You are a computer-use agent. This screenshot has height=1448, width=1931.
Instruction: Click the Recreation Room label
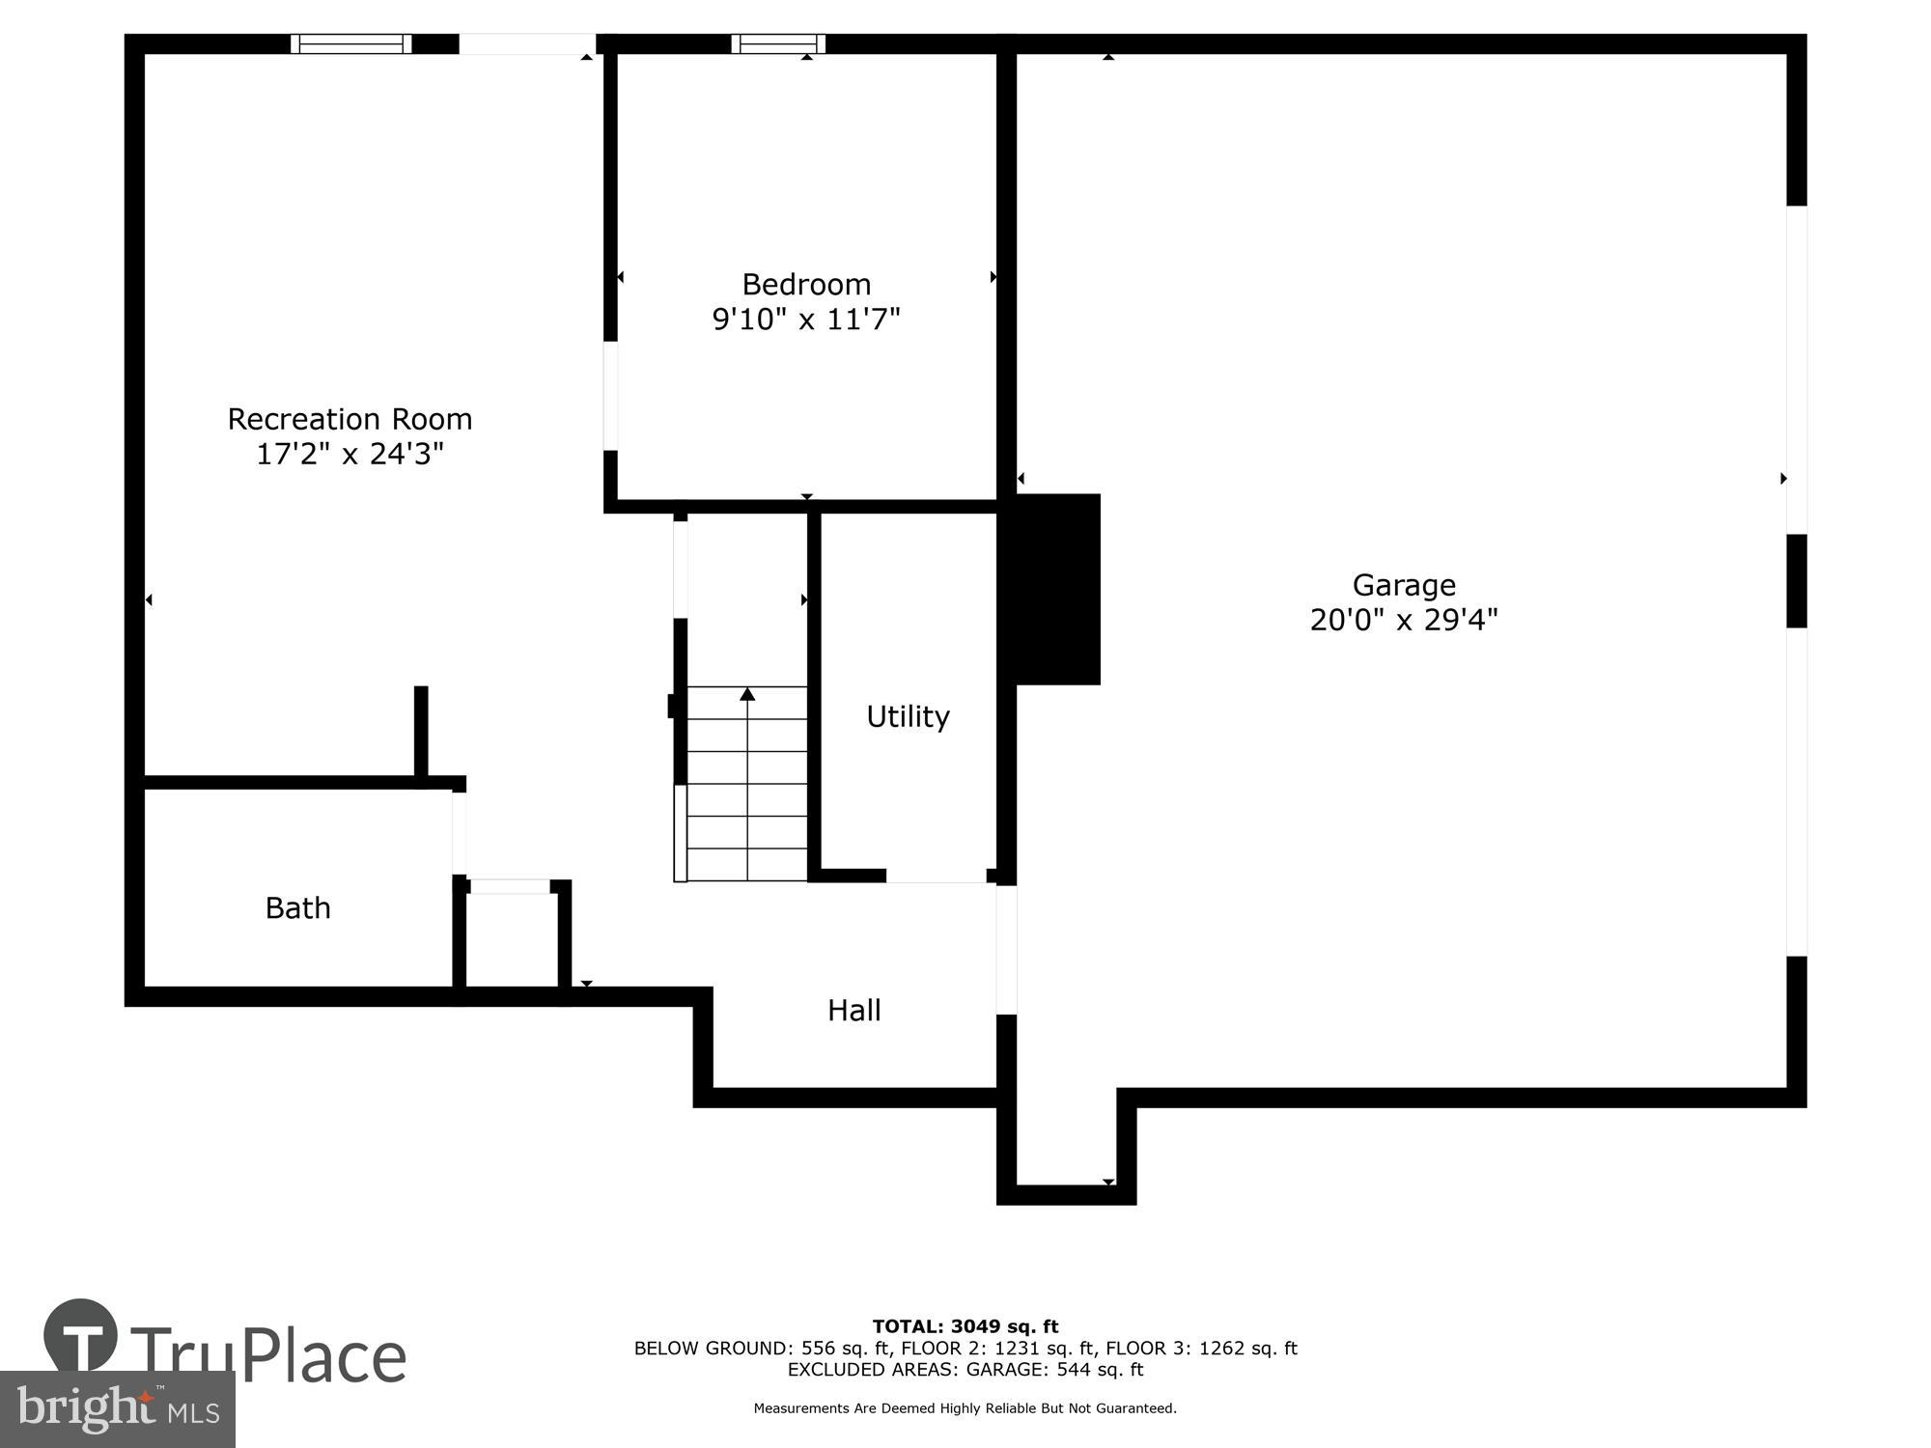pos(350,419)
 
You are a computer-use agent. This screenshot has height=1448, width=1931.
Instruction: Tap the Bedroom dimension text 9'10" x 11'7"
pos(806,319)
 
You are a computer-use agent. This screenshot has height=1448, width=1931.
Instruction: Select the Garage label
pos(1404,585)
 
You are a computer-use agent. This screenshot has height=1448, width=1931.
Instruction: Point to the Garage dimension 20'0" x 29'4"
pos(1404,620)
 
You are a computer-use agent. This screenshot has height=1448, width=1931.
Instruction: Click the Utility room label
pos(908,716)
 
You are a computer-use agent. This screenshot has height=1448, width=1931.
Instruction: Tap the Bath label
pos(298,907)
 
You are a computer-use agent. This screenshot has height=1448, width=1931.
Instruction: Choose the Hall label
pos(854,1010)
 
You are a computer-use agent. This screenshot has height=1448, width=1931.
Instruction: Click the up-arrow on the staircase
pos(747,694)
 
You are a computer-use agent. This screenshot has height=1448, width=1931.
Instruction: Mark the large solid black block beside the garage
pos(1057,589)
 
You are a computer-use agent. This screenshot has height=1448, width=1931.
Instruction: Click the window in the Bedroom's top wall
pos(778,43)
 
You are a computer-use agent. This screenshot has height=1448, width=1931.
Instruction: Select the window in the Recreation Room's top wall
pos(351,43)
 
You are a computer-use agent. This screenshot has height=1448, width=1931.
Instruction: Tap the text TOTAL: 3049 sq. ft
pos(965,1326)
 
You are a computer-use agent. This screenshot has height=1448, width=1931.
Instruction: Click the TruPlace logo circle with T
pos(81,1336)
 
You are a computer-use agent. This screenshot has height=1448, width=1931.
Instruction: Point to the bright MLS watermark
pos(118,1409)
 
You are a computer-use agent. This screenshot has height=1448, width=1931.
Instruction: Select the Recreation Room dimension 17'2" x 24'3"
pos(350,454)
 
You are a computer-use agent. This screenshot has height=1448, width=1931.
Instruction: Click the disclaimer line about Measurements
pos(965,1408)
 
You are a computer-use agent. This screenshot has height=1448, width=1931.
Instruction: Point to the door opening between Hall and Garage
pos(1006,950)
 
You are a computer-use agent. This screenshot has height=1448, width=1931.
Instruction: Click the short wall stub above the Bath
pos(421,734)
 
